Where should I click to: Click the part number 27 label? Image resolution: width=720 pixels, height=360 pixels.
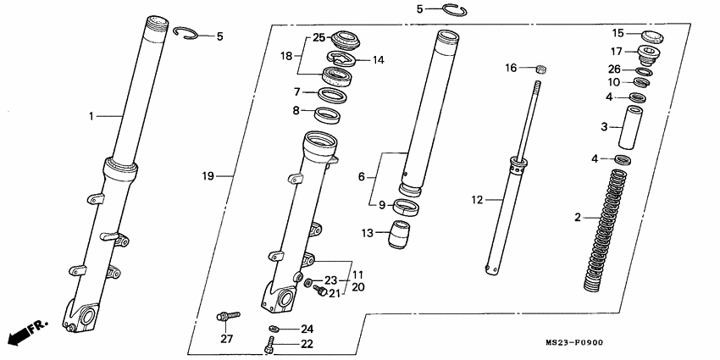pos(227,339)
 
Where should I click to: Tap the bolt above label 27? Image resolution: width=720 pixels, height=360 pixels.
pos(228,316)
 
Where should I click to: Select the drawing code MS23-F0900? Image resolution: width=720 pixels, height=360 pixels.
pos(574,342)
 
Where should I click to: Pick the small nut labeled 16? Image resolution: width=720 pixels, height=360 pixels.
pos(541,69)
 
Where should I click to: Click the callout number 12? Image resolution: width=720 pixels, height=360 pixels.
pos(477,200)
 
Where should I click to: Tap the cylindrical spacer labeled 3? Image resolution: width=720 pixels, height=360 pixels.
pos(630,127)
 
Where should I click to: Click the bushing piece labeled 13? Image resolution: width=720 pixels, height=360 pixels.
pos(400,234)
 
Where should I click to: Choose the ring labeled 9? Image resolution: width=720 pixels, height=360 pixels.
pos(406,207)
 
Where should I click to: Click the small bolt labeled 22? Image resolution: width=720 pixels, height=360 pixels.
pos(269,344)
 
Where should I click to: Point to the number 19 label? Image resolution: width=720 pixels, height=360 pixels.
pos(208,176)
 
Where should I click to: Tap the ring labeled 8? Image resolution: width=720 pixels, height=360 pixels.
pos(328,115)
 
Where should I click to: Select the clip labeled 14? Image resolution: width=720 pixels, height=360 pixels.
pos(341,59)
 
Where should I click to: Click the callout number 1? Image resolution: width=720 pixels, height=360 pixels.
pos(91,117)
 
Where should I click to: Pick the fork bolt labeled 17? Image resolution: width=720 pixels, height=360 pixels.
pos(650,54)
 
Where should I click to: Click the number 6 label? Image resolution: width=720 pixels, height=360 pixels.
pos(362,176)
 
